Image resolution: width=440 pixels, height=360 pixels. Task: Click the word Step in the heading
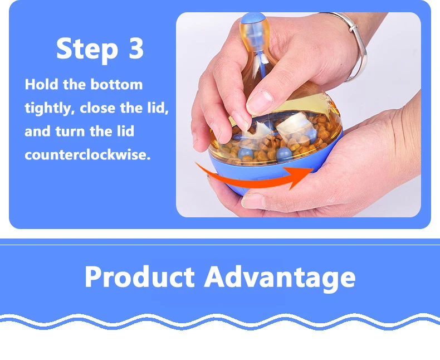tap(87, 49)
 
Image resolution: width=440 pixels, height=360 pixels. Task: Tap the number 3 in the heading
tap(136, 48)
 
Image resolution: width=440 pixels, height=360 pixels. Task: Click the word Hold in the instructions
tap(42, 84)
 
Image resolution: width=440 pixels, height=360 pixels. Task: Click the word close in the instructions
tap(97, 108)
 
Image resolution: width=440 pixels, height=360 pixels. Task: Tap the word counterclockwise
tap(87, 155)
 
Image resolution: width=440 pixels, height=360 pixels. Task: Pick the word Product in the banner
tap(139, 276)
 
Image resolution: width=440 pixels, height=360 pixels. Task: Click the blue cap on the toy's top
tap(253, 18)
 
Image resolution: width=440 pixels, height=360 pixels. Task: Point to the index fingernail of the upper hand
tap(259, 101)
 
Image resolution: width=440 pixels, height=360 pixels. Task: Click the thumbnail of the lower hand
tap(252, 201)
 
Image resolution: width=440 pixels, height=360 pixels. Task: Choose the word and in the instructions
tap(38, 132)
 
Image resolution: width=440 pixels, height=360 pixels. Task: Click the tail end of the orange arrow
tap(196, 163)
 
